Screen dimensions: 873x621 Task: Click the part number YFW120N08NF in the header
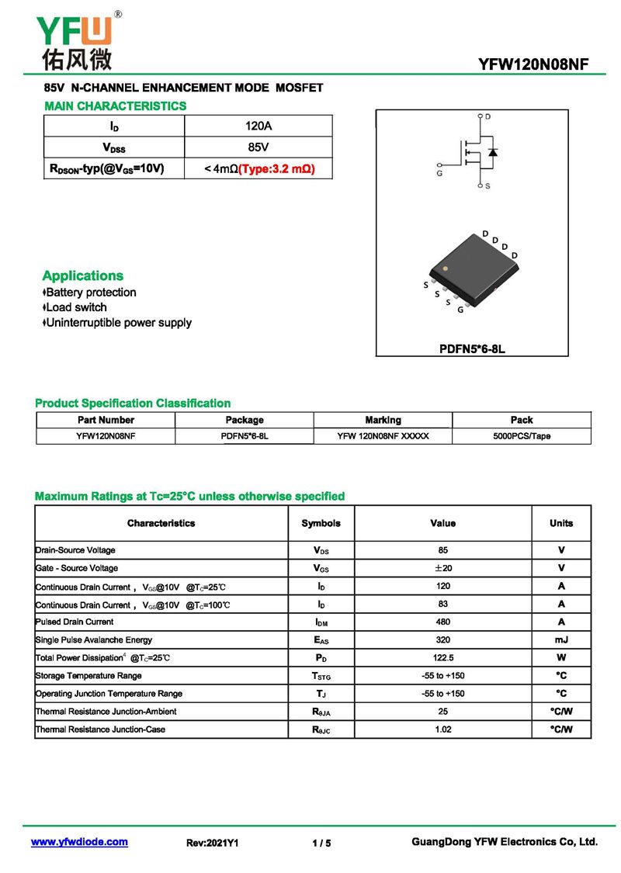[x=534, y=66]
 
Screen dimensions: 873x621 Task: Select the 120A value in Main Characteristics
[x=258, y=126]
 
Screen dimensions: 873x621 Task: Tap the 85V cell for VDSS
[x=258, y=147]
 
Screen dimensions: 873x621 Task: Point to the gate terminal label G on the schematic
[x=439, y=173]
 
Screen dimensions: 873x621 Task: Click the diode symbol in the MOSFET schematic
[x=493, y=151]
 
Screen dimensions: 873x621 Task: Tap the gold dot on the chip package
[x=445, y=268]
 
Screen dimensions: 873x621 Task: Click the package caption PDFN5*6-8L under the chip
[x=472, y=348]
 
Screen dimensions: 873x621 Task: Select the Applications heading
[x=82, y=275]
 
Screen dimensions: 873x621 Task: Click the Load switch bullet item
[x=76, y=307]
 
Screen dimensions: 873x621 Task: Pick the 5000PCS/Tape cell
[x=522, y=436]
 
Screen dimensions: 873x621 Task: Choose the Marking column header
[x=383, y=420]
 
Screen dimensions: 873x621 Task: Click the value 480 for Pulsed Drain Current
[x=442, y=622]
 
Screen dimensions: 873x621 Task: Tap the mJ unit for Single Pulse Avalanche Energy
[x=561, y=639]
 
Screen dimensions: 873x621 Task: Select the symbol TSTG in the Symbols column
[x=321, y=676]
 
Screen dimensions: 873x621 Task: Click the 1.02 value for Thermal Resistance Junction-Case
[x=442, y=729]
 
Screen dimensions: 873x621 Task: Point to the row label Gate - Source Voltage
[x=77, y=568]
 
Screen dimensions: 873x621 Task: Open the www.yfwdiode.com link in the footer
[x=79, y=842]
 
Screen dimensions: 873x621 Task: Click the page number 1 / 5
[x=321, y=843]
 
